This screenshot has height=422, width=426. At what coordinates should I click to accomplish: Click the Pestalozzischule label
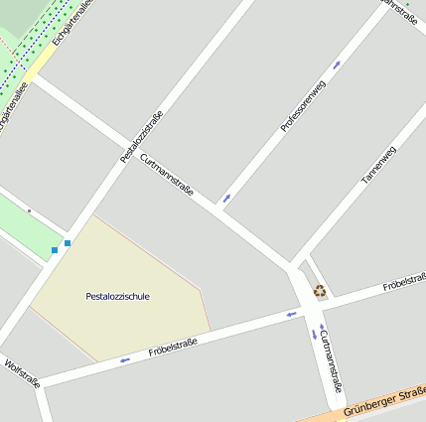point(117,296)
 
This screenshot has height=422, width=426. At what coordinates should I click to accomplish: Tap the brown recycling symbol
point(320,291)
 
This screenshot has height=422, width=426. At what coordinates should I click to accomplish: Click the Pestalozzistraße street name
point(141,137)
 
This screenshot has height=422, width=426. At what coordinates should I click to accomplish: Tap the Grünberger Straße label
point(382,405)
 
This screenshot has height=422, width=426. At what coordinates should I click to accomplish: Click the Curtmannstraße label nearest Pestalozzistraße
point(167,176)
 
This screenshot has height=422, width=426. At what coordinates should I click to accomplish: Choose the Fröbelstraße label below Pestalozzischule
point(172,348)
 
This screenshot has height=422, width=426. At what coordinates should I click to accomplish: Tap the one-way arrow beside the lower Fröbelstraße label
point(125,359)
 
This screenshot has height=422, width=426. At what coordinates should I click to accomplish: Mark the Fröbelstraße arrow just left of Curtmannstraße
point(292,315)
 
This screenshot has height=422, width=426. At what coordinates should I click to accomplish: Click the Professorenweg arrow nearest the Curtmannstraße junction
point(227,197)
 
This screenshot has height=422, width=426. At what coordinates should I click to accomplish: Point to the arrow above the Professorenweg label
point(336,65)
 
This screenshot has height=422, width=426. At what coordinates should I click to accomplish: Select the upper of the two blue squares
point(68,242)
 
